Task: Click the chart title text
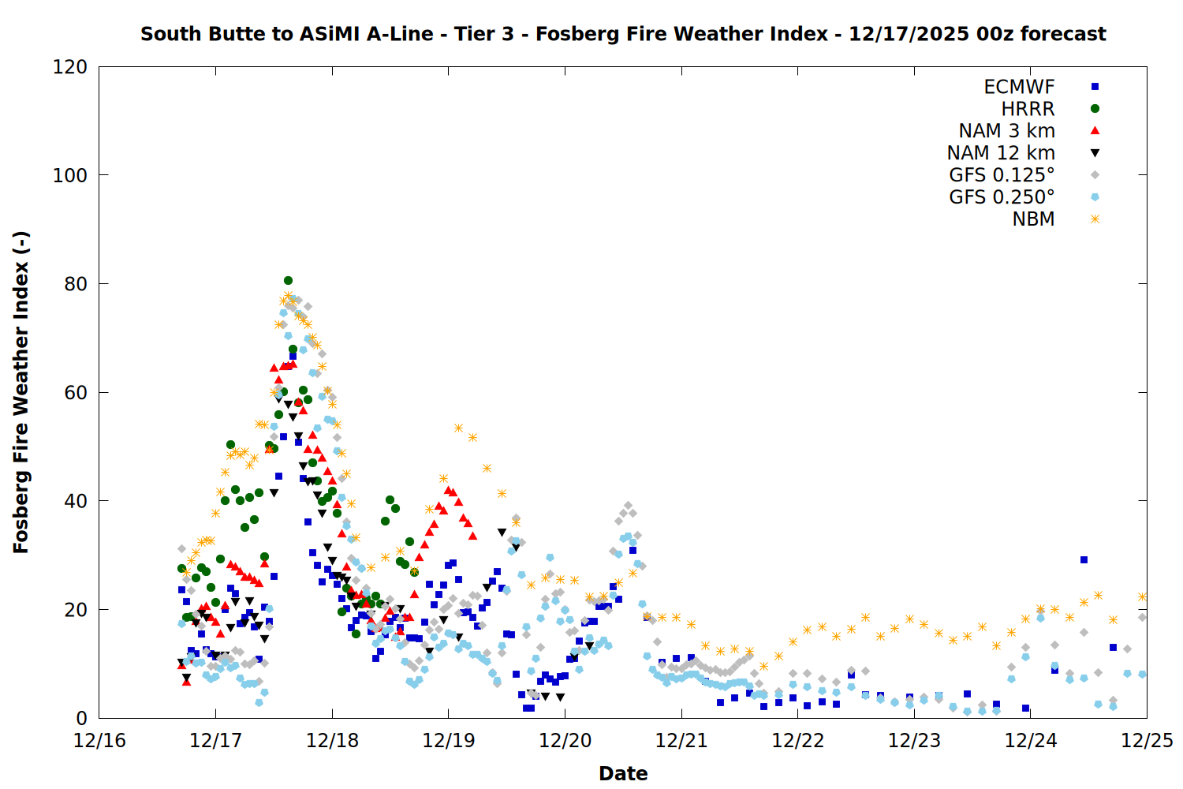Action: (623, 34)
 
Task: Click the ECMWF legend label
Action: (1019, 87)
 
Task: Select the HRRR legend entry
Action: (1028, 109)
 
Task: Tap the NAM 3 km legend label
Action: (1006, 131)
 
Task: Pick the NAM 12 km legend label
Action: (1001, 153)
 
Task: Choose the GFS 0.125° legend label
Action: (1002, 175)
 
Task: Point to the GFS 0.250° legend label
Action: (1002, 197)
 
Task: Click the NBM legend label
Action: (1033, 219)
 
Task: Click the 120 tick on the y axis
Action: (70, 67)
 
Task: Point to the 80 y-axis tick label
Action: (76, 284)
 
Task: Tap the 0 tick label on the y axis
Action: (82, 718)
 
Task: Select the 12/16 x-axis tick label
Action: (99, 741)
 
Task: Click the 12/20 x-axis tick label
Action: (565, 741)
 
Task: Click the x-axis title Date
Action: (623, 773)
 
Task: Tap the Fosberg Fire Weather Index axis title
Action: (21, 392)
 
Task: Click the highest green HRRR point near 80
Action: (288, 280)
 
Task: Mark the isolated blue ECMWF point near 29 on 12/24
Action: (1084, 560)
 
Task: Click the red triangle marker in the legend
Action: (1095, 131)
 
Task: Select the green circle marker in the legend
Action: (1095, 109)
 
